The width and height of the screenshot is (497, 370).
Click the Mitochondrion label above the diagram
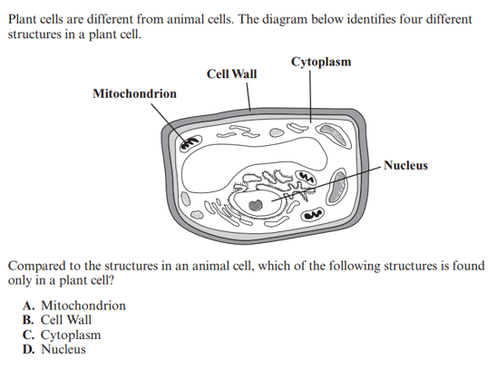pyautogui.click(x=135, y=93)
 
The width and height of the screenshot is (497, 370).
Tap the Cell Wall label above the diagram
pyautogui.click(x=231, y=73)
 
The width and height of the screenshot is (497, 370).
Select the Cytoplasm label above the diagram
pyautogui.click(x=321, y=62)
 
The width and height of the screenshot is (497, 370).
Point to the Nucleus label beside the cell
pyautogui.click(x=405, y=165)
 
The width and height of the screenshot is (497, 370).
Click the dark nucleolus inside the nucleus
pyautogui.click(x=256, y=205)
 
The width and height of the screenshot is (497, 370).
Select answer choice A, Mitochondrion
pyautogui.click(x=74, y=306)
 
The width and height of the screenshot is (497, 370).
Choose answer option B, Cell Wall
pyautogui.click(x=57, y=319)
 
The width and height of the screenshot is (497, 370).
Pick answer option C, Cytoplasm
pyautogui.click(x=62, y=335)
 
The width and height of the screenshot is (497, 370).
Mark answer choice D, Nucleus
pyautogui.click(x=54, y=349)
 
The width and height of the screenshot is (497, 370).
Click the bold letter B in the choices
pyautogui.click(x=28, y=319)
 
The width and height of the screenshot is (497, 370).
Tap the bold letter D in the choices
pyautogui.click(x=28, y=349)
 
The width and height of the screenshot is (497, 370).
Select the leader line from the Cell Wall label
pyautogui.click(x=248, y=97)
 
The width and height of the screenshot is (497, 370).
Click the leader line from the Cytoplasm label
pyautogui.click(x=310, y=96)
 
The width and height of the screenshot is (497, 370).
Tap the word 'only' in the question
pyautogui.click(x=19, y=280)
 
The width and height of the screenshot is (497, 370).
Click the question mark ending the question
pyautogui.click(x=111, y=280)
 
